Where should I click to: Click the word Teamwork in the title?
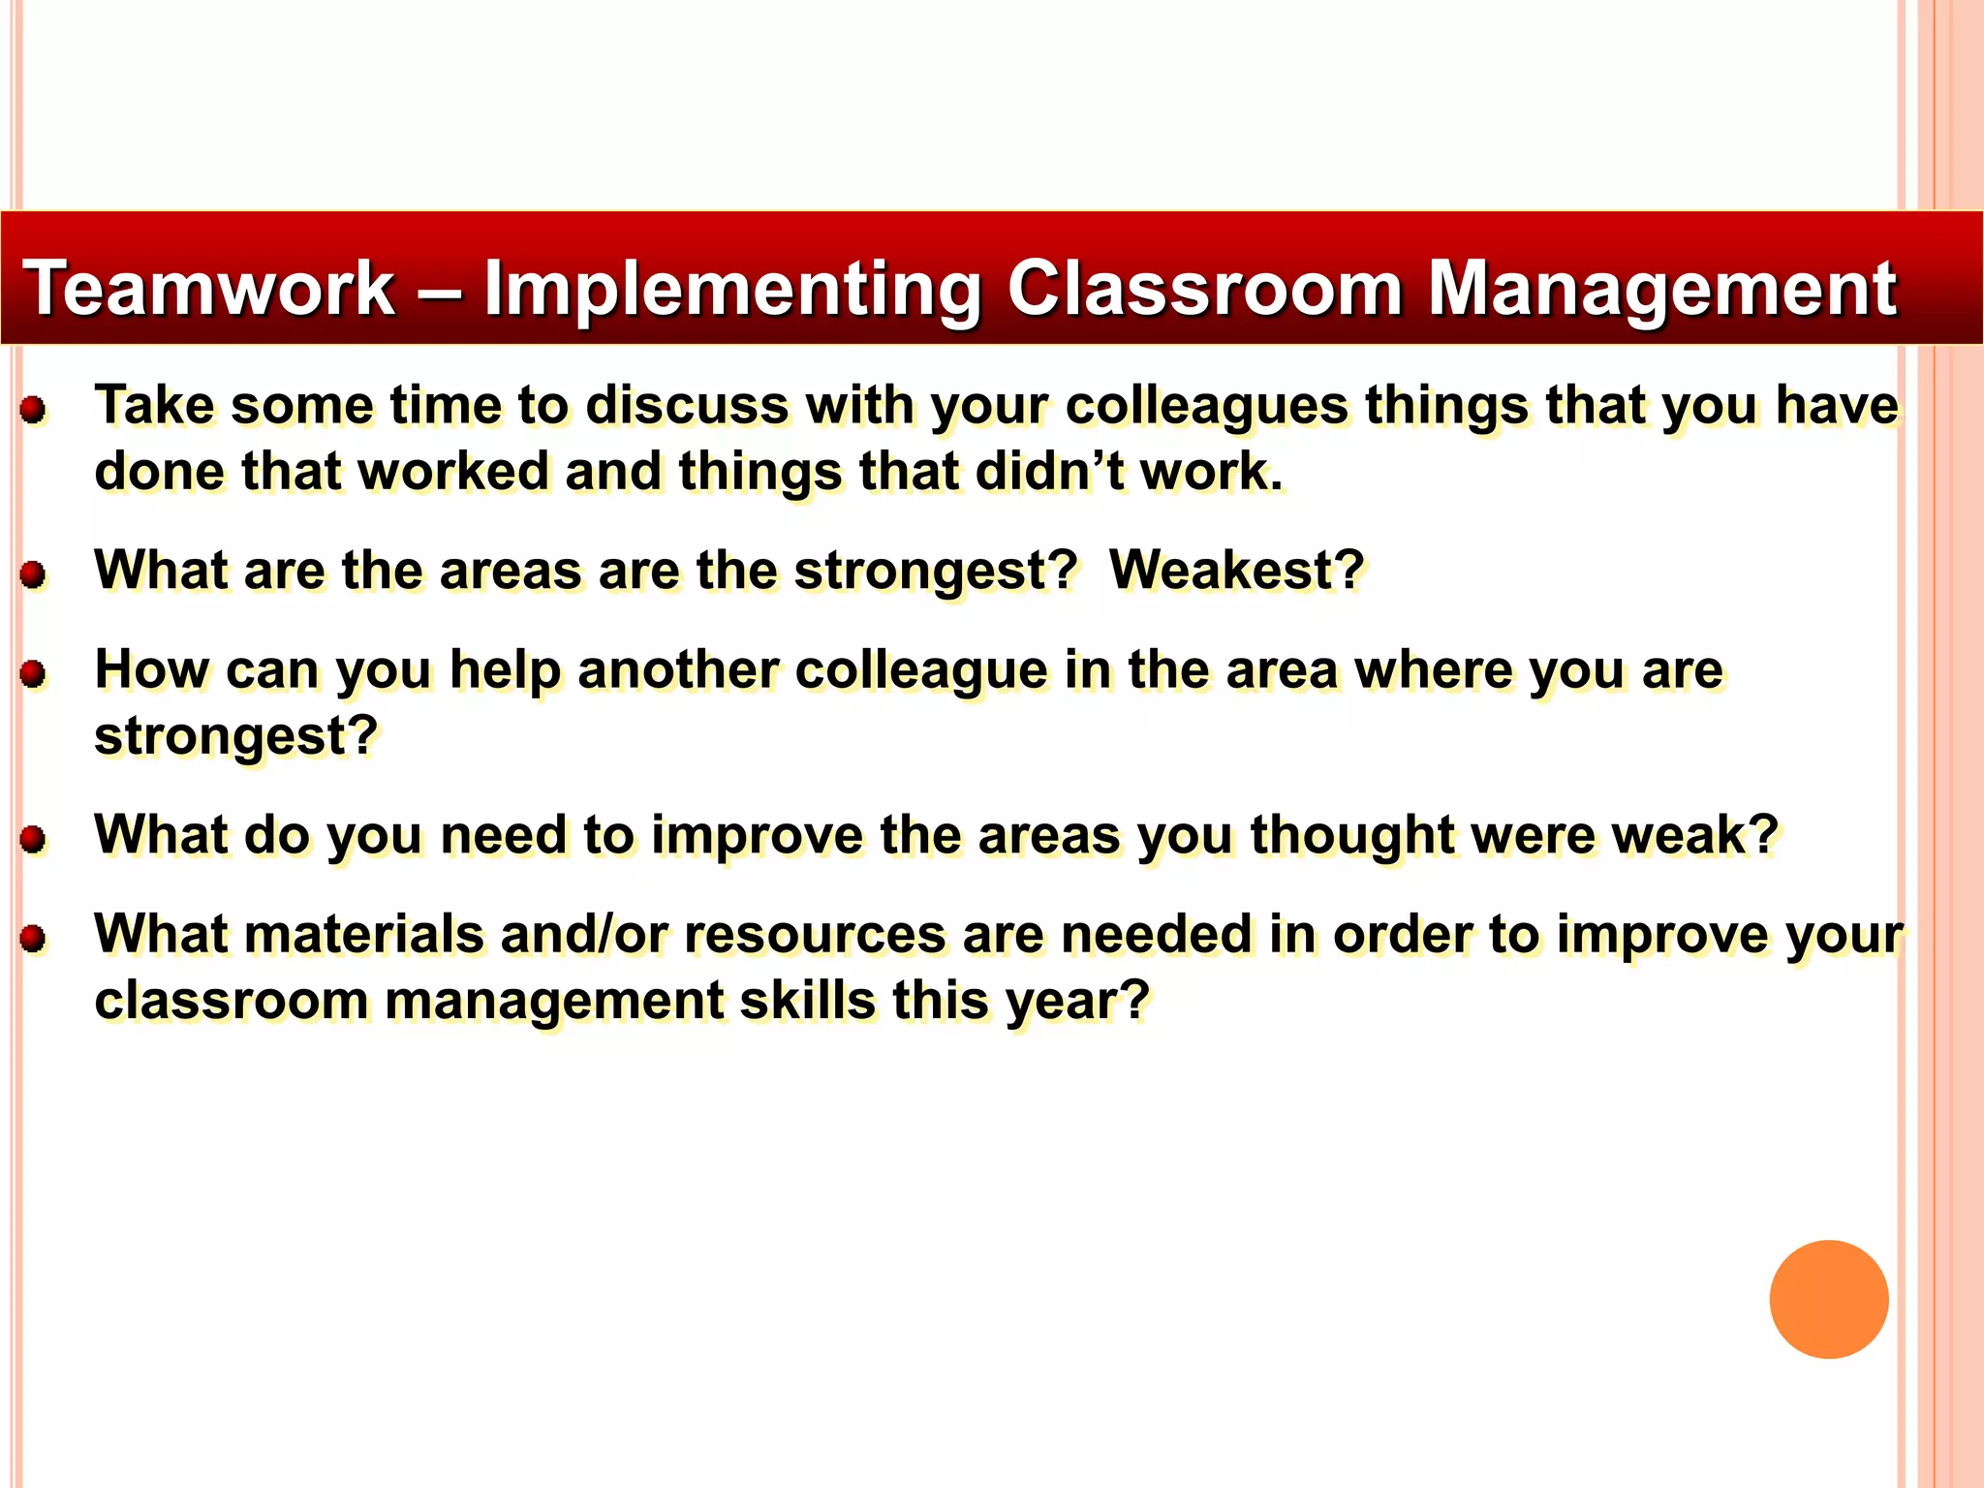[208, 289]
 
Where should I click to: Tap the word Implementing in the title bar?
[732, 289]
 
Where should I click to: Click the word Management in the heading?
[1662, 289]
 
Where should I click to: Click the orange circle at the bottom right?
[1828, 1299]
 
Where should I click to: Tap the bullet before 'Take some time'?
[34, 410]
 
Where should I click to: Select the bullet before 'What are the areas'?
[34, 574]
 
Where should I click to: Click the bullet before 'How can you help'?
[34, 674]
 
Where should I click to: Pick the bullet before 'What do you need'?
[34, 839]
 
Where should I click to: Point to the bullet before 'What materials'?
[34, 939]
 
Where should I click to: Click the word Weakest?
[1236, 570]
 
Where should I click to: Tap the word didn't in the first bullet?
[1049, 472]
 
